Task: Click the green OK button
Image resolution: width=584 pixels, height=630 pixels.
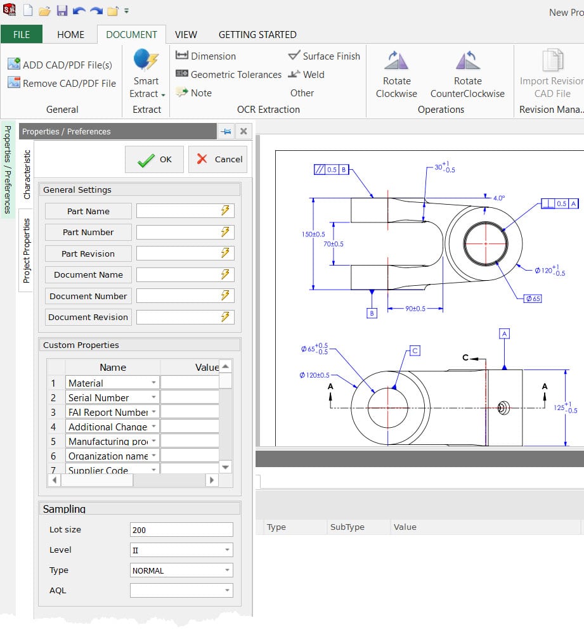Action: (154, 160)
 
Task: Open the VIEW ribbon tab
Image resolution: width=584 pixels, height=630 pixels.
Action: (186, 35)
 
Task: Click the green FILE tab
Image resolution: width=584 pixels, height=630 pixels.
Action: (22, 35)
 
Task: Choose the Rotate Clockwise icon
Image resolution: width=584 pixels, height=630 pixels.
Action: (396, 62)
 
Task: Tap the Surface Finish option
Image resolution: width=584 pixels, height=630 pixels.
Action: (324, 56)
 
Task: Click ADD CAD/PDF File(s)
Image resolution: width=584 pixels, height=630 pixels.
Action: (60, 65)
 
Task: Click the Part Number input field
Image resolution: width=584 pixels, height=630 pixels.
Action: (177, 233)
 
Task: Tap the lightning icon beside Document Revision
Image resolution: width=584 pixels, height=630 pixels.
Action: (225, 317)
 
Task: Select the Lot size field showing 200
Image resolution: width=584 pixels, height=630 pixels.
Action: (181, 530)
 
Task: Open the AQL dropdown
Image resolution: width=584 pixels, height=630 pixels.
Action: (181, 591)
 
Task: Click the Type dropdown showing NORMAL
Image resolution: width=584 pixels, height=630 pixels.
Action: (181, 570)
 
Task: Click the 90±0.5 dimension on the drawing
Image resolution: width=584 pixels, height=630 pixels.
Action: (415, 309)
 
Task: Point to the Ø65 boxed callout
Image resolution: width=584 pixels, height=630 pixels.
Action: (533, 299)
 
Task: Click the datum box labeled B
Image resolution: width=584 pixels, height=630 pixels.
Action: (372, 313)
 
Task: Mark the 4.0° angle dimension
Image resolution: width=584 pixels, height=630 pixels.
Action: (499, 198)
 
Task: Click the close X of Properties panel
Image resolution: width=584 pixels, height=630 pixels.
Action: (243, 132)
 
